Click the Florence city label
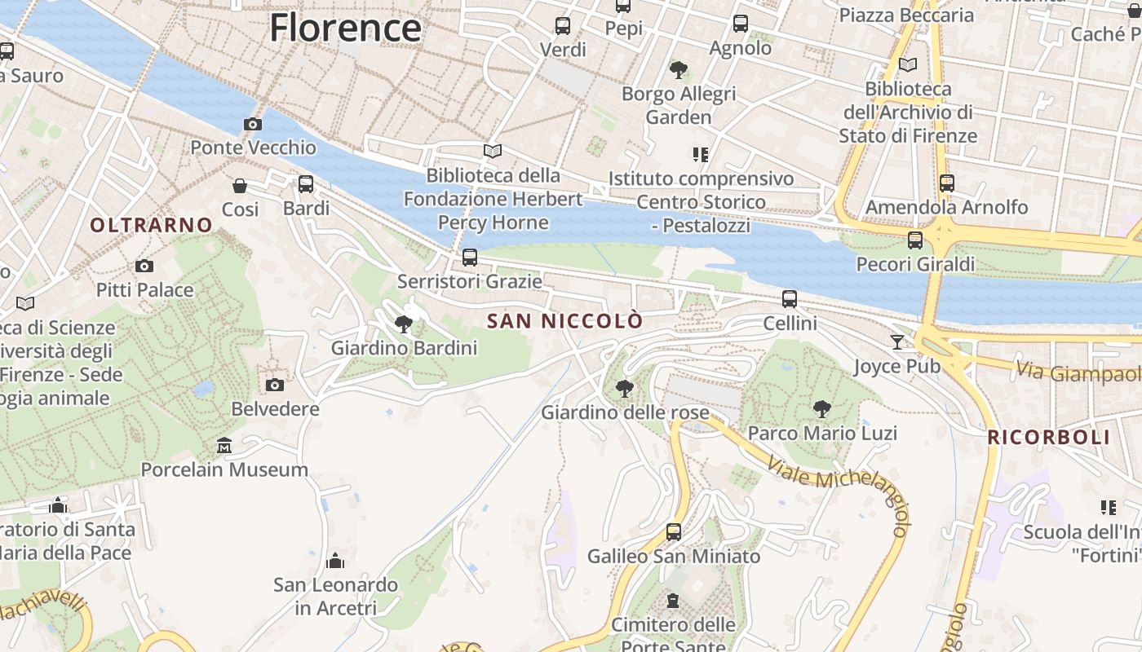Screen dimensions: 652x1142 coord(345,27)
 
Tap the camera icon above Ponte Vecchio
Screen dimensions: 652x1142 coord(253,124)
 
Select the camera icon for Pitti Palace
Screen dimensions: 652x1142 coord(144,266)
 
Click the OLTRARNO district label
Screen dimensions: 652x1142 coord(151,225)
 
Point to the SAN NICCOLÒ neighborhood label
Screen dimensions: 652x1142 coord(564,321)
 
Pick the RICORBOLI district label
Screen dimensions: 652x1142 coord(1049,437)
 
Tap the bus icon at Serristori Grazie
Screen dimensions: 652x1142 coord(470,258)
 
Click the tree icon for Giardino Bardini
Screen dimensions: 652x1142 coord(403,324)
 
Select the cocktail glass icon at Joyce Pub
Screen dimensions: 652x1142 coord(897,342)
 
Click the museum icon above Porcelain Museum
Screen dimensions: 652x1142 coord(224,445)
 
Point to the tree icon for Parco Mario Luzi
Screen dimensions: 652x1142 coord(822,409)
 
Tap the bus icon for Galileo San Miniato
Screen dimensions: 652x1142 coord(674,532)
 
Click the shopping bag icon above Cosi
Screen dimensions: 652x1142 coord(240,186)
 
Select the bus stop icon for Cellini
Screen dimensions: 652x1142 coord(790,299)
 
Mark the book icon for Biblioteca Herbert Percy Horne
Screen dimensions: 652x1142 coord(493,151)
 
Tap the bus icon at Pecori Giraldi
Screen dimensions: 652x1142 coord(915,240)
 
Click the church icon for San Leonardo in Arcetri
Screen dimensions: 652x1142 coord(335,561)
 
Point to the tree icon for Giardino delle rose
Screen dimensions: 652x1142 coord(625,389)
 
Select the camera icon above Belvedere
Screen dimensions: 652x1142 coord(275,385)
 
